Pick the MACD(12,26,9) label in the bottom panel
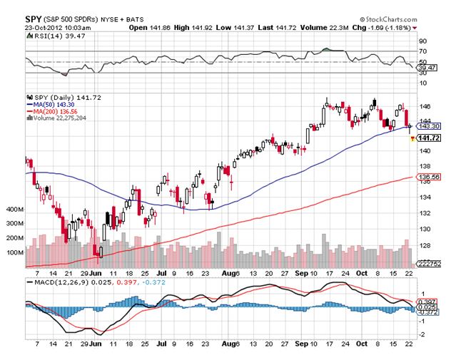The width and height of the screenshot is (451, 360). [58, 282]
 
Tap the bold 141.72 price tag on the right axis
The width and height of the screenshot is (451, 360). [427, 138]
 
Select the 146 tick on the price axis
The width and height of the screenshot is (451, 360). [424, 104]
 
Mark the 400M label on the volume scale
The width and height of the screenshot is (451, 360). [14, 211]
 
